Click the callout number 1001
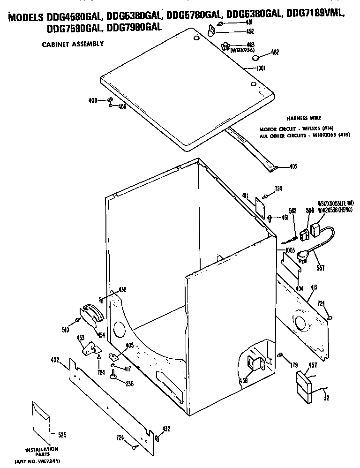(261, 68)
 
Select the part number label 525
(61, 434)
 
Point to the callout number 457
(312, 365)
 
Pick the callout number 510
(66, 331)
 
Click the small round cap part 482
(256, 58)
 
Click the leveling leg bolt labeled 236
(114, 374)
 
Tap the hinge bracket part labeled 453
(90, 347)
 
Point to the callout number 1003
(289, 250)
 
